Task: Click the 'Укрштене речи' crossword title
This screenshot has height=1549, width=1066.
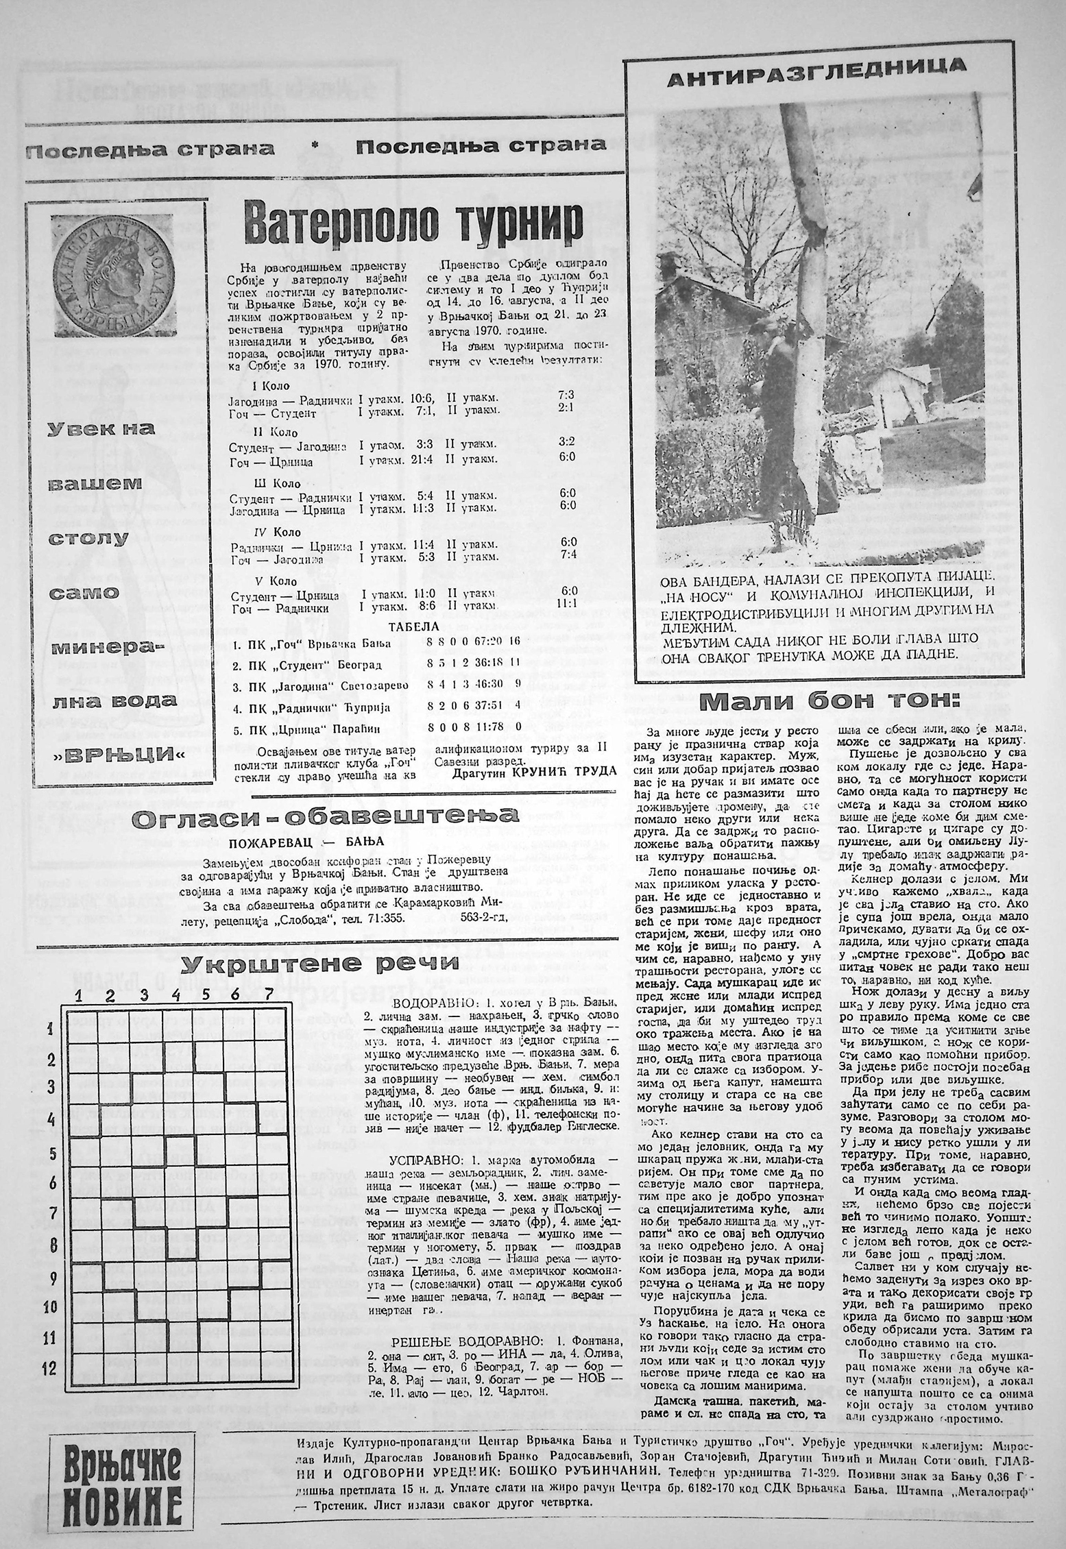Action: tap(322, 963)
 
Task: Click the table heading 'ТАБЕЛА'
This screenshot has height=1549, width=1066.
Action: tap(413, 626)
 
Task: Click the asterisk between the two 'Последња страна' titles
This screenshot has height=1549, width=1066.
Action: tap(316, 145)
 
